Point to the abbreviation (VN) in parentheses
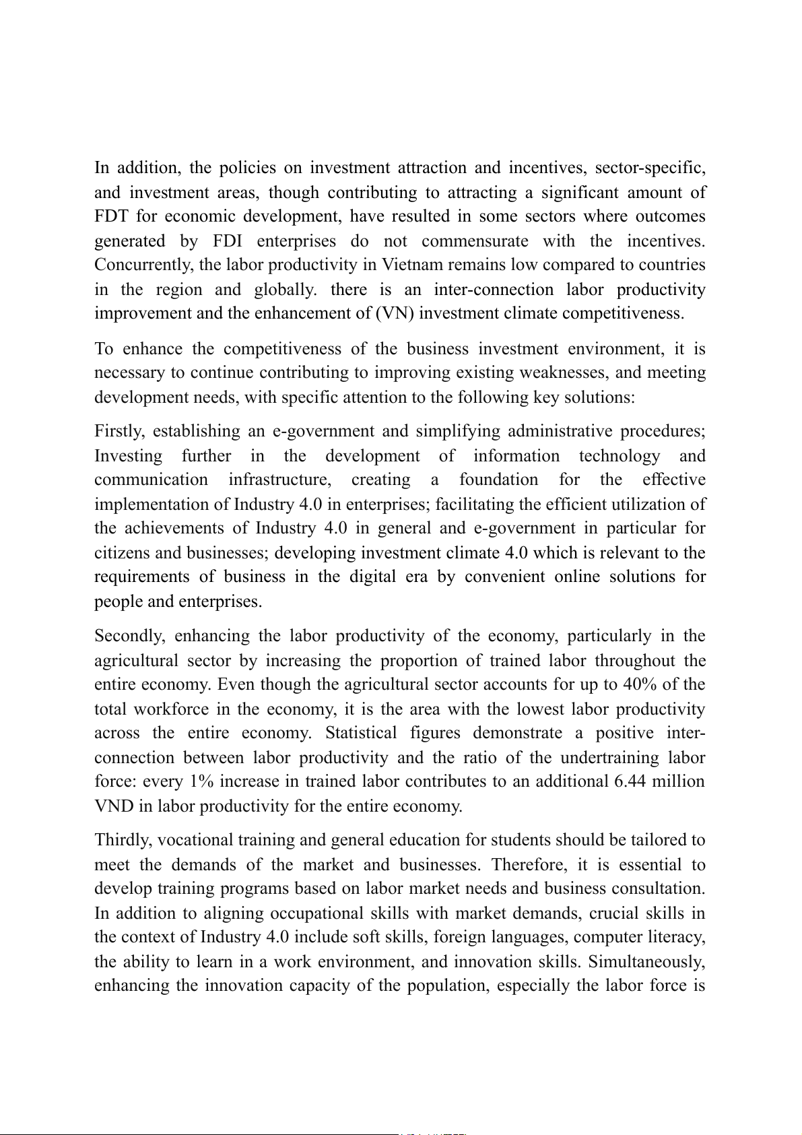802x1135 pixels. tap(394, 314)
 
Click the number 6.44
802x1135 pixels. tap(632, 782)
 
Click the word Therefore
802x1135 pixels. tap(527, 865)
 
